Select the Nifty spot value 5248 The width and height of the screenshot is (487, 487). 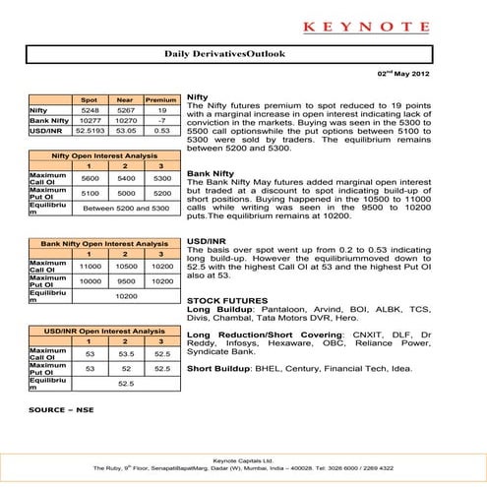[x=88, y=110]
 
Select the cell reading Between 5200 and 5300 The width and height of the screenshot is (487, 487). [x=123, y=210]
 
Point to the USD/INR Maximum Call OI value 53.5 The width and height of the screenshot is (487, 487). [x=124, y=352]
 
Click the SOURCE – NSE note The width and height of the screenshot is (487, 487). [x=61, y=407]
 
